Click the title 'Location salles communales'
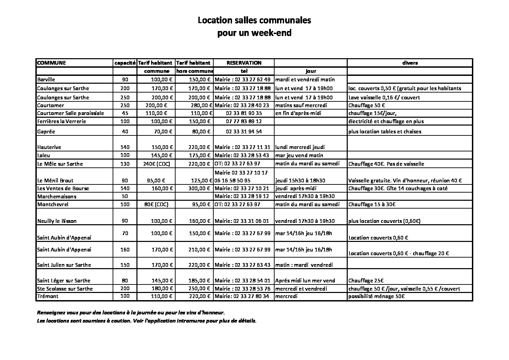[254, 20]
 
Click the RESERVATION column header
[244, 63]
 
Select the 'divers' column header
[410, 63]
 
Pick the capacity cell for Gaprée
[125, 131]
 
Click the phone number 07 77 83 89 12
[244, 121]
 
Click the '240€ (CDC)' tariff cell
[157, 164]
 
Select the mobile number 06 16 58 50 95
[233, 181]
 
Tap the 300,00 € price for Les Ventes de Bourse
[199, 189]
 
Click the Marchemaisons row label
[56, 196]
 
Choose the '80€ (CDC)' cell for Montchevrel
[156, 204]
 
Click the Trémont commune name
[48, 296]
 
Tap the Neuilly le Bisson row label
[57, 221]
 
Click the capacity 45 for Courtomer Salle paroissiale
[125, 113]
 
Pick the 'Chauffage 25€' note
[366, 281]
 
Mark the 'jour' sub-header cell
[311, 71]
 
